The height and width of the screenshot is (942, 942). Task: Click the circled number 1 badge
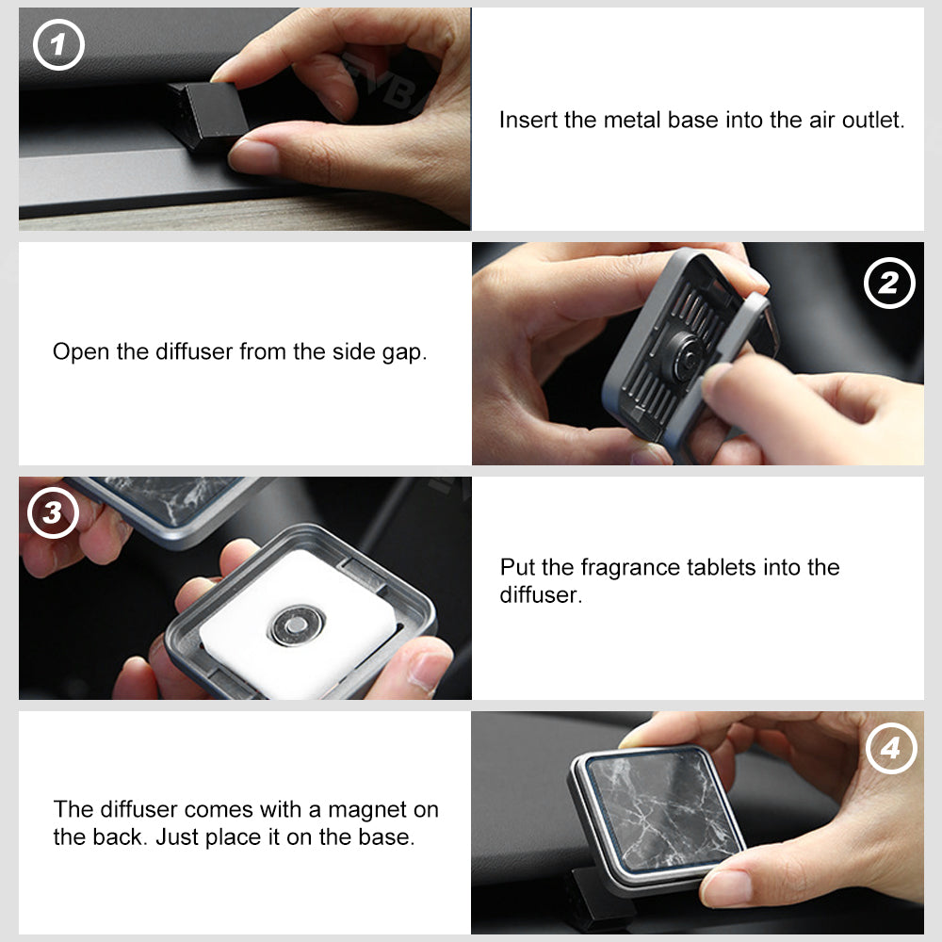pyautogui.click(x=58, y=45)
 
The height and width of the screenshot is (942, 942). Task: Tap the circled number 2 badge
pyautogui.click(x=889, y=283)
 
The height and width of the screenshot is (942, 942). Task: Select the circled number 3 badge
pyautogui.click(x=53, y=512)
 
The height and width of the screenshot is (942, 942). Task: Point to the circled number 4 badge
pyautogui.click(x=891, y=749)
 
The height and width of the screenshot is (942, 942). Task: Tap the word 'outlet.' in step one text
pyautogui.click(x=873, y=120)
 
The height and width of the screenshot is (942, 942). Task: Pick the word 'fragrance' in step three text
pyautogui.click(x=630, y=567)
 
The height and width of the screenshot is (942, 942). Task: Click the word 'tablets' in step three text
pyautogui.click(x=721, y=567)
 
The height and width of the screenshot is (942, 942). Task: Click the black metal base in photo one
pyautogui.click(x=208, y=116)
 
